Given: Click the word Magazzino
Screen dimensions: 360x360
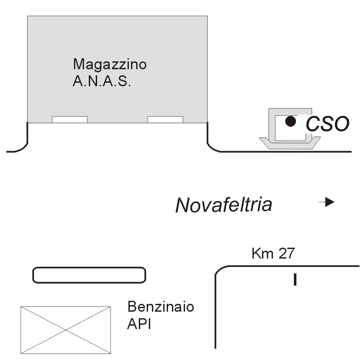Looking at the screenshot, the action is click(x=110, y=65).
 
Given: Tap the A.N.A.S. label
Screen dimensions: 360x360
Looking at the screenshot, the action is click(x=102, y=81).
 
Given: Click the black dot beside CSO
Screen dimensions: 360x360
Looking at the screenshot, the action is click(x=291, y=121).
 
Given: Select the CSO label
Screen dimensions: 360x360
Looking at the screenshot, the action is click(x=327, y=124).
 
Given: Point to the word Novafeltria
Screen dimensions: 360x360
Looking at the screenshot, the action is click(x=224, y=205).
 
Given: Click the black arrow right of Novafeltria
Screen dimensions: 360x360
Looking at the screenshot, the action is click(x=327, y=202).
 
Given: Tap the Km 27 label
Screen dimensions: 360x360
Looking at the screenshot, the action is click(x=273, y=253).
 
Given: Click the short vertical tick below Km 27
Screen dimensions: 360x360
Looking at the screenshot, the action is click(x=295, y=279).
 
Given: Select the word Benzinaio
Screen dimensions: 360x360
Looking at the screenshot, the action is click(x=161, y=306).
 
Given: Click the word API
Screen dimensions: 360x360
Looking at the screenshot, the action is click(x=139, y=324).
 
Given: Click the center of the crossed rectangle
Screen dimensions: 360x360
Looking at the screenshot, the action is click(x=66, y=330).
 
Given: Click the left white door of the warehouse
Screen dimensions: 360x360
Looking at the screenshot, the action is click(x=70, y=120).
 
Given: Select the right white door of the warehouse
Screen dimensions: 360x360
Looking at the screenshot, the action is click(x=165, y=120).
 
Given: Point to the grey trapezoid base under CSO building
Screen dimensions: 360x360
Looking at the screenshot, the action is click(x=290, y=146).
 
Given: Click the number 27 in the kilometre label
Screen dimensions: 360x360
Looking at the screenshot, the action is click(x=286, y=253).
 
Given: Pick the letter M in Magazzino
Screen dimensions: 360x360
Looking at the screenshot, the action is click(x=78, y=64).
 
